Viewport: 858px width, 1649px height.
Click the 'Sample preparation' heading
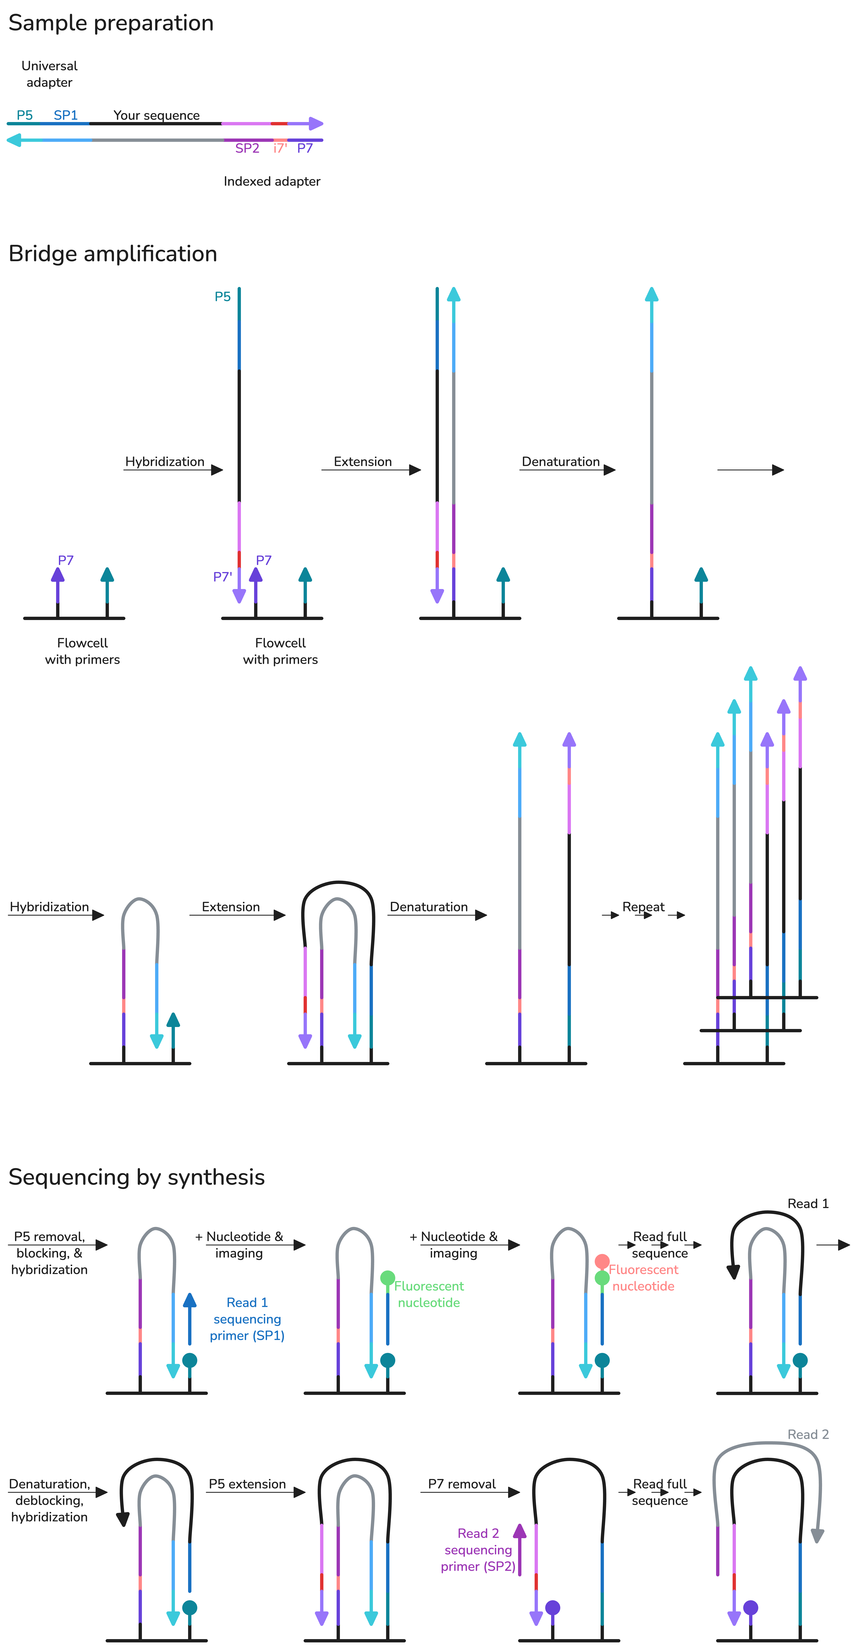(x=111, y=23)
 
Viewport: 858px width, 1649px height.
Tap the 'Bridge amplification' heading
(x=113, y=254)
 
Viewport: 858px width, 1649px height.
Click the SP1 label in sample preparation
(x=65, y=115)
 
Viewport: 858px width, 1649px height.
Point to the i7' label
(x=280, y=149)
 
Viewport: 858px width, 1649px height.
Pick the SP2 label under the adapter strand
(x=247, y=149)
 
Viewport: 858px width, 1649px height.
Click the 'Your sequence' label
(x=156, y=115)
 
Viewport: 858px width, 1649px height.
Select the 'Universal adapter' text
(x=49, y=74)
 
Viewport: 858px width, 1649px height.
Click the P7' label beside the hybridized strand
(x=222, y=577)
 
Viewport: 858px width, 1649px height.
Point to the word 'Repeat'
(x=643, y=907)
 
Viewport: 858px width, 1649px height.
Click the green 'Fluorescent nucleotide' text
(x=429, y=1294)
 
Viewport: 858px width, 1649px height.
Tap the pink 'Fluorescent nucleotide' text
(x=643, y=1278)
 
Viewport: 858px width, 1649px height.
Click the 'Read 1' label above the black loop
(x=807, y=1203)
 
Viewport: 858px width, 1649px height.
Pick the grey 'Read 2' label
(x=807, y=1435)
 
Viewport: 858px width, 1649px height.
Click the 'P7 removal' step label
(x=462, y=1484)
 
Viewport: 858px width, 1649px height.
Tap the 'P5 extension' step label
(x=247, y=1484)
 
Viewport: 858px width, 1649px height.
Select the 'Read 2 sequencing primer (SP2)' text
(x=478, y=1550)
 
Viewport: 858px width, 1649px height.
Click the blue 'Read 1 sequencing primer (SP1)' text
(x=247, y=1319)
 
